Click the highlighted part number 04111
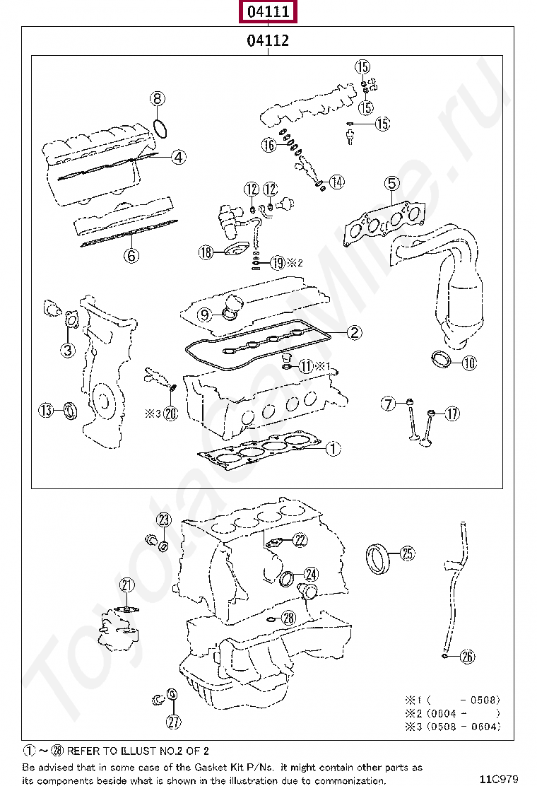tap(268, 11)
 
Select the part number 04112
tap(268, 40)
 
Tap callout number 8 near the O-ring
tap(158, 98)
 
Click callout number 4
tap(179, 157)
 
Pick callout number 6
tap(131, 256)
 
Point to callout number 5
tap(391, 184)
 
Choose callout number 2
tap(354, 332)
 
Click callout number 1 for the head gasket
tap(333, 448)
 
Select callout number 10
tap(469, 363)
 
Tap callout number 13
tap(46, 411)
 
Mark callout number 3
tap(68, 349)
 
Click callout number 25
tap(408, 553)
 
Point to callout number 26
tap(467, 656)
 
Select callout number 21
tap(127, 585)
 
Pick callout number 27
tap(173, 722)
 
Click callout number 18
tap(206, 252)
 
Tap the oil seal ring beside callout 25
tap(378, 558)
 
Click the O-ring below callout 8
tap(160, 129)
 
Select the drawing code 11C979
tap(498, 778)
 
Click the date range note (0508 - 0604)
tap(464, 727)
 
